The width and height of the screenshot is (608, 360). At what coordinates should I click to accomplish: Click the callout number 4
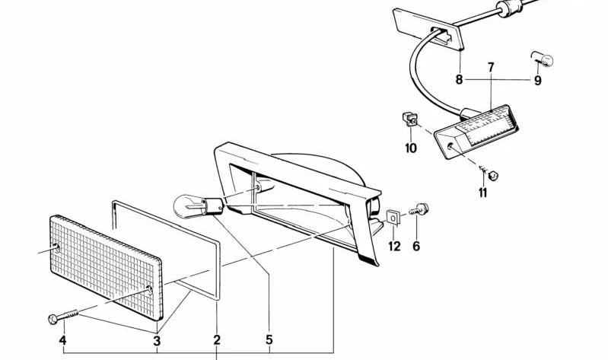[x=62, y=341]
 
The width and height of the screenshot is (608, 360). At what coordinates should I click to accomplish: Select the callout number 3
[x=157, y=342]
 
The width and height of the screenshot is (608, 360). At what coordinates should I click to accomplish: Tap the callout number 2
[x=217, y=340]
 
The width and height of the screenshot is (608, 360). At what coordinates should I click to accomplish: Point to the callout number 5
[x=269, y=340]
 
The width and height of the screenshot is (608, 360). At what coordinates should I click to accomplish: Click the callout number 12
[x=394, y=246]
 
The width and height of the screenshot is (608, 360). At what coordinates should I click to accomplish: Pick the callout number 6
[x=416, y=246]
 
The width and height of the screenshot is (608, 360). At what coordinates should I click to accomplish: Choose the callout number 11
[x=482, y=193]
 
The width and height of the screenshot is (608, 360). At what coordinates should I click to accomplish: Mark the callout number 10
[x=411, y=148]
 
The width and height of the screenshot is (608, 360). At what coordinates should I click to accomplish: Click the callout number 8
[x=459, y=80]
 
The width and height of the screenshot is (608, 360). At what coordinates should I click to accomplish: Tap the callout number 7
[x=491, y=67]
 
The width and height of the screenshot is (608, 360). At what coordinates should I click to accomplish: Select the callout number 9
[x=537, y=81]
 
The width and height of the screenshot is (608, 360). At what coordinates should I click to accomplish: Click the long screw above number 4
[x=63, y=316]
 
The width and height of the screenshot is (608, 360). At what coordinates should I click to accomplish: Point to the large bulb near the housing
[x=198, y=206]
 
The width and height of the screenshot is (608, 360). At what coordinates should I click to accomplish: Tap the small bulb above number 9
[x=542, y=59]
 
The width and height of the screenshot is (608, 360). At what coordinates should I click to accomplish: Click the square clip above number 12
[x=393, y=218]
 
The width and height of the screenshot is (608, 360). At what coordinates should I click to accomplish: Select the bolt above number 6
[x=419, y=210]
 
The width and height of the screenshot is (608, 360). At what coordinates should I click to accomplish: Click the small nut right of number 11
[x=493, y=176]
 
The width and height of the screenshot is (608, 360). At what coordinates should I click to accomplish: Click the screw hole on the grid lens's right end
[x=148, y=289]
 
